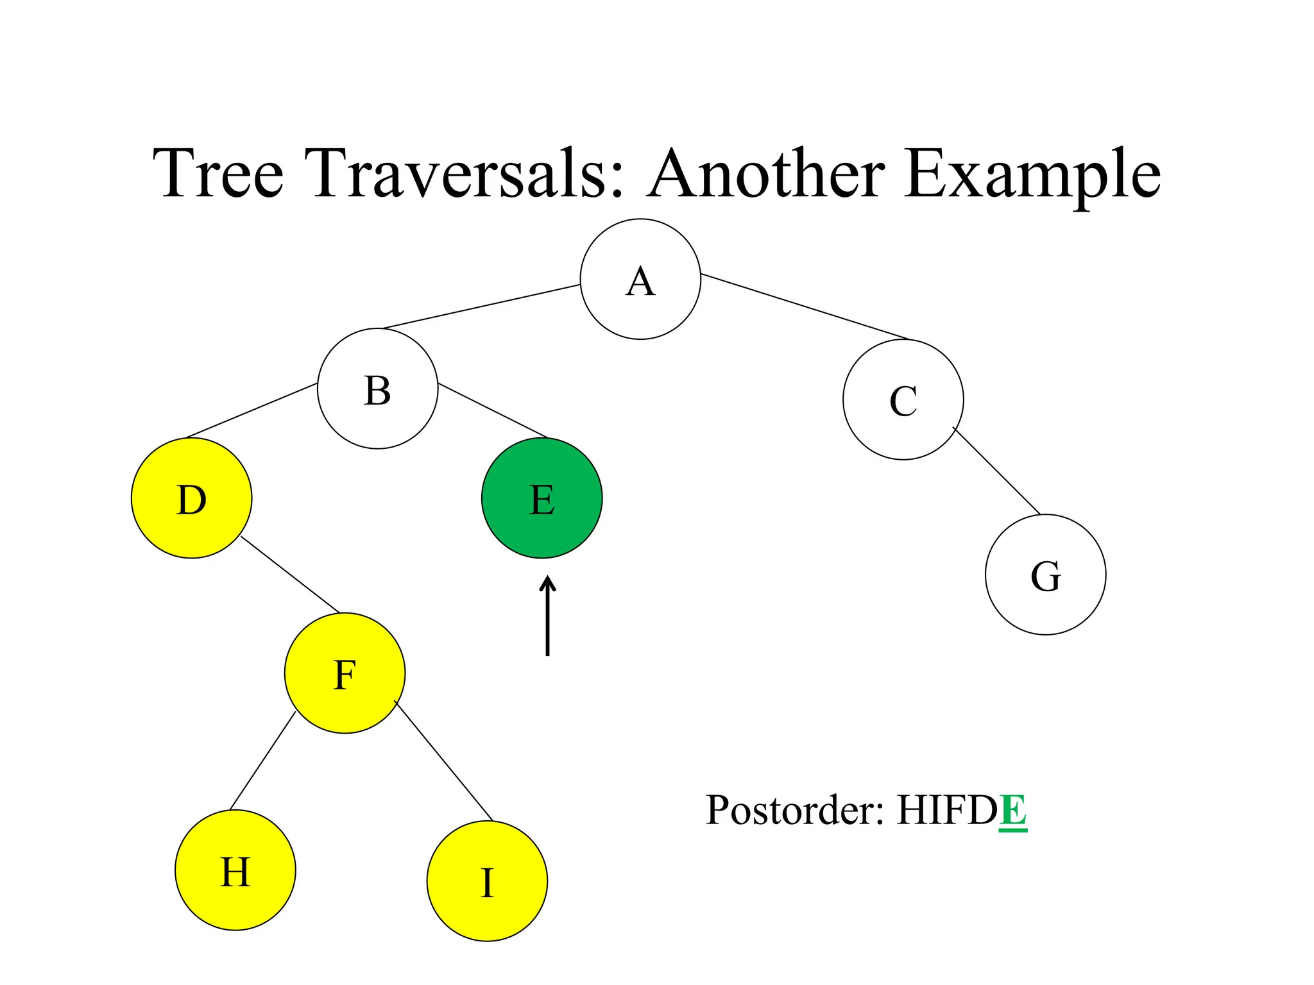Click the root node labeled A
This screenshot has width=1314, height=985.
coord(640,279)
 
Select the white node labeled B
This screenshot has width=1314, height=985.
coord(378,389)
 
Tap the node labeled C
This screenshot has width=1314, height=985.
coord(903,400)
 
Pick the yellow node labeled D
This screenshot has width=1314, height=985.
coord(191,498)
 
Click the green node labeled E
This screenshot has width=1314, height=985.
coord(542,498)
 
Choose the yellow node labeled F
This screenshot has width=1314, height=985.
coord(345,673)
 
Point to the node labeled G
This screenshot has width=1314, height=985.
coord(1045,575)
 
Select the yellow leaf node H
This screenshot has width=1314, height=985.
coord(235,870)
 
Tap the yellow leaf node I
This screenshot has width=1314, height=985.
coord(487,881)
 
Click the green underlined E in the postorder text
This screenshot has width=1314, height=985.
coord(1012,811)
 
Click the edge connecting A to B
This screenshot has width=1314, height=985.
coord(481,307)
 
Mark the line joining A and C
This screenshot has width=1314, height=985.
coord(805,307)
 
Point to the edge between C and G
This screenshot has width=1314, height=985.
coord(996,471)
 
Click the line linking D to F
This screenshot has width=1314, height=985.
coord(290,575)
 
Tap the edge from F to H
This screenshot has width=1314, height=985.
coord(262,761)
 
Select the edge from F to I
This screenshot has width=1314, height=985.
coord(443,761)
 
